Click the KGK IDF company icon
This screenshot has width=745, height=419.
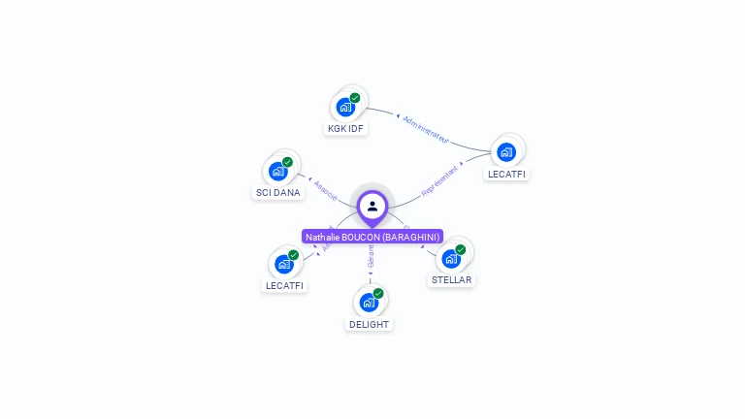(344, 107)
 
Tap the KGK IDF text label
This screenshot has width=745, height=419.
(345, 128)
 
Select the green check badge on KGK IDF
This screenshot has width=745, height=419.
(355, 98)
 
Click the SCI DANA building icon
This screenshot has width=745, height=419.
(278, 172)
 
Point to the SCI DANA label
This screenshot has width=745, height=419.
(278, 192)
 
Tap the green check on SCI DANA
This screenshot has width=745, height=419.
(287, 162)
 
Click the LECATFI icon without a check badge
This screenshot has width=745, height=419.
(505, 152)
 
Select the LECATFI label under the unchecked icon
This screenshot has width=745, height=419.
(508, 175)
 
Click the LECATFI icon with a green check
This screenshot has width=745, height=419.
(284, 264)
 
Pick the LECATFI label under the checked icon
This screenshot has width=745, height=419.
(285, 285)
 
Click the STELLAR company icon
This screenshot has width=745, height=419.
(451, 259)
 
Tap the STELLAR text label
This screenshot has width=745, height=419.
(451, 280)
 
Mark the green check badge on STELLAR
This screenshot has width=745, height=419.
(461, 249)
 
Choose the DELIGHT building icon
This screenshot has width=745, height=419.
(369, 303)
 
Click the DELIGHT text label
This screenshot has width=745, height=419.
(370, 324)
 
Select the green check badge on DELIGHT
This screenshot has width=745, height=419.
(378, 293)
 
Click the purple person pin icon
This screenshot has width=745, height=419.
(372, 207)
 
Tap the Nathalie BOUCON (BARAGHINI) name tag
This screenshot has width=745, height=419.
(372, 237)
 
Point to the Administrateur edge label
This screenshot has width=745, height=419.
(426, 129)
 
